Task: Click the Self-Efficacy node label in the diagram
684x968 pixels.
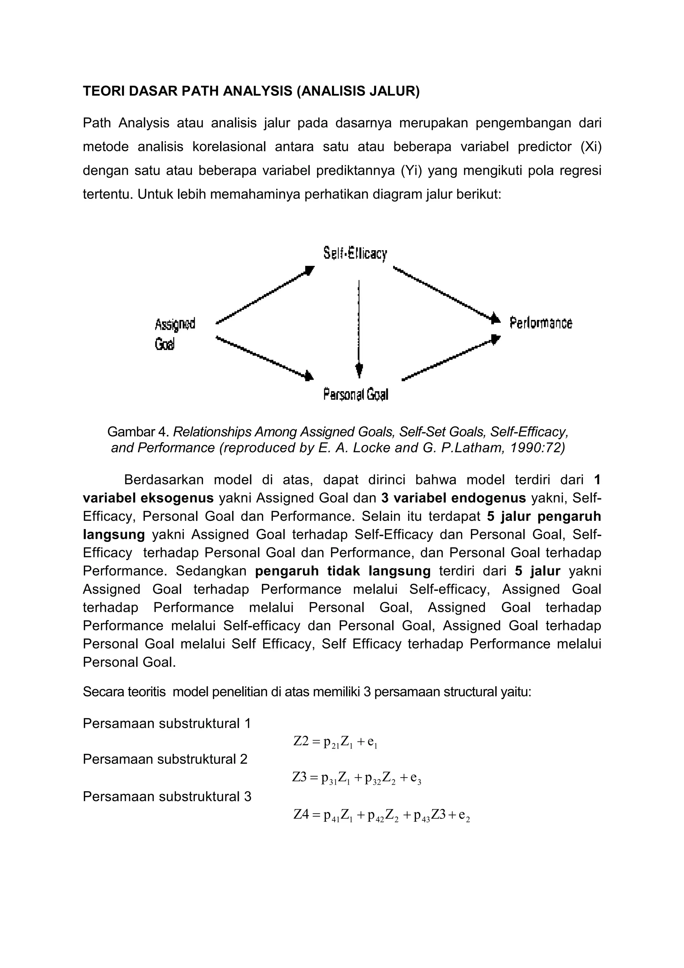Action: (x=355, y=254)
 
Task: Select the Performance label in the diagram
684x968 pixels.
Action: (x=541, y=323)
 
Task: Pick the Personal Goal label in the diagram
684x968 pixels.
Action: (x=355, y=394)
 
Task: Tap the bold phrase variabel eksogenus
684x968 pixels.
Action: (x=148, y=498)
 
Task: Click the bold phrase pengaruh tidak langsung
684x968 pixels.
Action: (x=343, y=571)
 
